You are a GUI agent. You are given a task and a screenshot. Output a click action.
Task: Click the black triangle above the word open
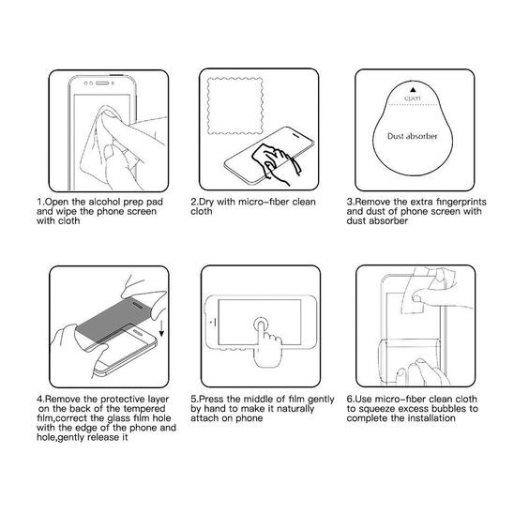413,89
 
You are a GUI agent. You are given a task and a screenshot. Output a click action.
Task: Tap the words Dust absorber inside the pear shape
412,136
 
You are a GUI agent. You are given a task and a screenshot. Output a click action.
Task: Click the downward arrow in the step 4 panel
161,328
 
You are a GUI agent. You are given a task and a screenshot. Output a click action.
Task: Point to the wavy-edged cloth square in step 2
235,106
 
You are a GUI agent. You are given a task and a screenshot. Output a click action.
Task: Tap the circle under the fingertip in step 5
261,325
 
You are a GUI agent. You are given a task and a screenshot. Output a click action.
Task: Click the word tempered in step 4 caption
144,409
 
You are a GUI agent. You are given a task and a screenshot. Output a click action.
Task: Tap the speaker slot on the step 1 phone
102,83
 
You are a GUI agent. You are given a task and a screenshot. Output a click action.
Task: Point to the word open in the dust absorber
413,98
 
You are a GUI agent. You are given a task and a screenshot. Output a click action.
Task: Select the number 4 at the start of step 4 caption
39,400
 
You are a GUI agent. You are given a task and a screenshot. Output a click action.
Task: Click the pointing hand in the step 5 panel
266,344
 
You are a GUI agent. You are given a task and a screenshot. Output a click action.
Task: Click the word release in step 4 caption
100,438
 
